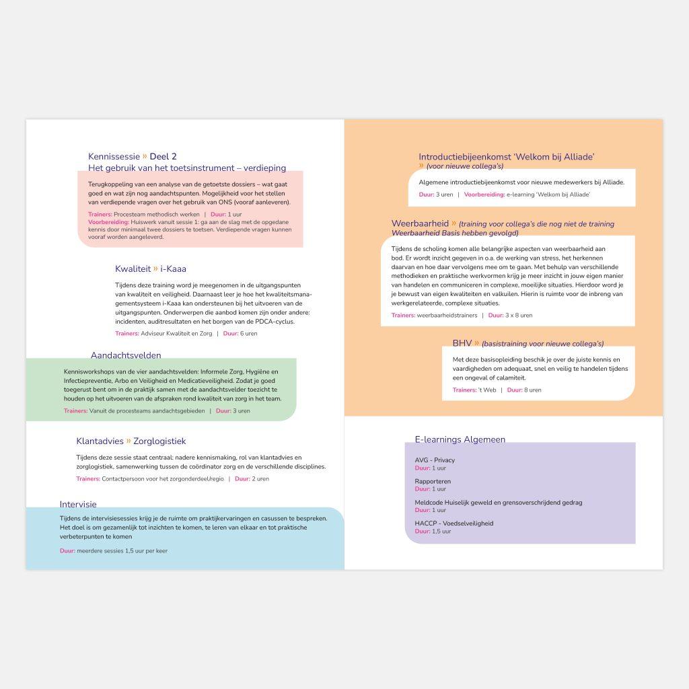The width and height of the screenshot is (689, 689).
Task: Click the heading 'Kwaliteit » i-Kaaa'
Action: [150, 269]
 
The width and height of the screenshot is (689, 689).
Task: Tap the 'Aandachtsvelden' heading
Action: [126, 355]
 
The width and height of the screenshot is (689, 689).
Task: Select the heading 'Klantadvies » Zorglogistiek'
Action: [131, 441]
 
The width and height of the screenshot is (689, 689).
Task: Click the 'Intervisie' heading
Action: [78, 504]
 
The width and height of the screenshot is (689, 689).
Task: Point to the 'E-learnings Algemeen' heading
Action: [460, 439]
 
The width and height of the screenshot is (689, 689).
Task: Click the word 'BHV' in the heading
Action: [462, 343]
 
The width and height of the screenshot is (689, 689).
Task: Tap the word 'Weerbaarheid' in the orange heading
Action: [420, 223]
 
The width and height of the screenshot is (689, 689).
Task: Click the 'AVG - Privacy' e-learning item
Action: [435, 460]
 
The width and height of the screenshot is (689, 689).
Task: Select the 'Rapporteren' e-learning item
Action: [433, 482]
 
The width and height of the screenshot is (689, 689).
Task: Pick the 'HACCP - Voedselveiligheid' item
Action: [454, 523]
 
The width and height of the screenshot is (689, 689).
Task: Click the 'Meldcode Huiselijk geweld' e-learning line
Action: [498, 503]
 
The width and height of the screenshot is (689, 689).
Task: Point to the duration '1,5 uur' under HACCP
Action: [441, 532]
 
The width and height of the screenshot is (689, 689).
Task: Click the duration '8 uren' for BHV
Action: [533, 390]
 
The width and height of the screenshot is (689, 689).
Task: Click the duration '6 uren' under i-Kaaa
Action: [249, 334]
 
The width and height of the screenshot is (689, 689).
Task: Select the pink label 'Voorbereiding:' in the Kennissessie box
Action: [108, 221]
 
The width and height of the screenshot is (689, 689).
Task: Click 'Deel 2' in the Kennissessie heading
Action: [163, 157]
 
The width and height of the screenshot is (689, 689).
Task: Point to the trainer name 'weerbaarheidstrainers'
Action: [447, 316]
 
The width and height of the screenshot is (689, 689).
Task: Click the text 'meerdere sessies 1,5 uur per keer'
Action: [122, 551]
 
